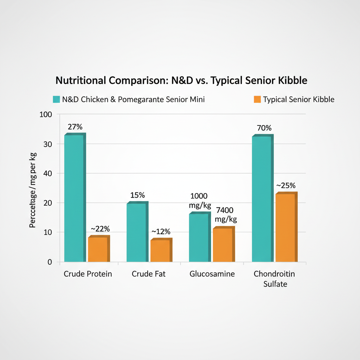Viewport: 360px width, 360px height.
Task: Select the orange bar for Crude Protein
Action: click(x=97, y=249)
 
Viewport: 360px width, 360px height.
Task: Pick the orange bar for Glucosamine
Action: click(x=222, y=245)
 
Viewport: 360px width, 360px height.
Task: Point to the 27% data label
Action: click(x=75, y=127)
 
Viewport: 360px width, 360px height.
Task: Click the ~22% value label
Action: click(x=100, y=229)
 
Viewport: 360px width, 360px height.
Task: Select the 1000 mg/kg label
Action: click(x=199, y=201)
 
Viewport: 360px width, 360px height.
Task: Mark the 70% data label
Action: click(x=264, y=128)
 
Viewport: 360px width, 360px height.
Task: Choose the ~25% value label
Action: click(x=286, y=185)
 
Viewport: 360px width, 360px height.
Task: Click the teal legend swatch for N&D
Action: click(x=56, y=99)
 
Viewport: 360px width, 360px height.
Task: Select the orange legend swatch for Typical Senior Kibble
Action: click(x=257, y=99)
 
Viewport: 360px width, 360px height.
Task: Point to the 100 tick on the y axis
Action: click(x=46, y=115)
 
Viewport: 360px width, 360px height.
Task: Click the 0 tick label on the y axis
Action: click(x=50, y=262)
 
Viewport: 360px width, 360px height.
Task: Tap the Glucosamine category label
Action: click(x=212, y=274)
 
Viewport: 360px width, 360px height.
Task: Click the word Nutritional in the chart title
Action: click(x=81, y=81)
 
